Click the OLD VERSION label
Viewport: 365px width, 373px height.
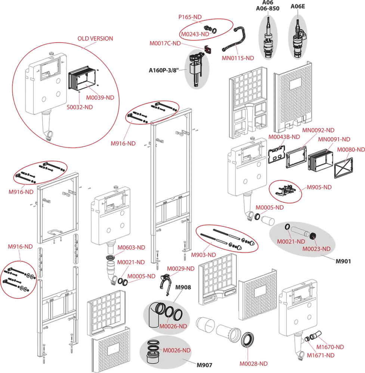pyautogui.click(x=95, y=38)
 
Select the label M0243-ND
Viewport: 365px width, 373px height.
pyautogui.click(x=195, y=34)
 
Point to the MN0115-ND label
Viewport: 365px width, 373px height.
pyautogui.click(x=238, y=58)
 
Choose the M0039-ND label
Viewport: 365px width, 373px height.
pyautogui.click(x=100, y=97)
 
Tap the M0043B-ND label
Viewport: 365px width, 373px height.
pyautogui.click(x=285, y=137)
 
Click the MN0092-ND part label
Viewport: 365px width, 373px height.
pyautogui.click(x=319, y=130)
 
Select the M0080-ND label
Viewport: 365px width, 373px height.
pyautogui.click(x=350, y=149)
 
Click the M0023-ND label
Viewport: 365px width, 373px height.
pyautogui.click(x=316, y=249)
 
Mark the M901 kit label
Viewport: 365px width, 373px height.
pyautogui.click(x=343, y=261)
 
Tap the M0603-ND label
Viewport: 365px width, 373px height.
pyautogui.click(x=131, y=247)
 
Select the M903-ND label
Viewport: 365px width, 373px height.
pyautogui.click(x=204, y=255)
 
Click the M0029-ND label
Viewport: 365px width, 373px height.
pyautogui.click(x=180, y=268)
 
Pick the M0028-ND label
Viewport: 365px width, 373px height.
pyautogui.click(x=254, y=363)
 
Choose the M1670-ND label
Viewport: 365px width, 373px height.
pyautogui.click(x=330, y=347)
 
